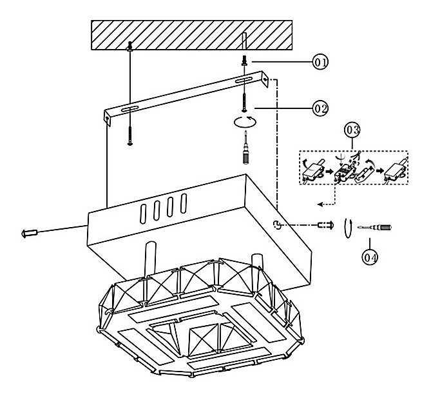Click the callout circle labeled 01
point(320,62)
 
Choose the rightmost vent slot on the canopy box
point(184,201)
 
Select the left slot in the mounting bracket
point(129,106)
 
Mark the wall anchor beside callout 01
point(245,59)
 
